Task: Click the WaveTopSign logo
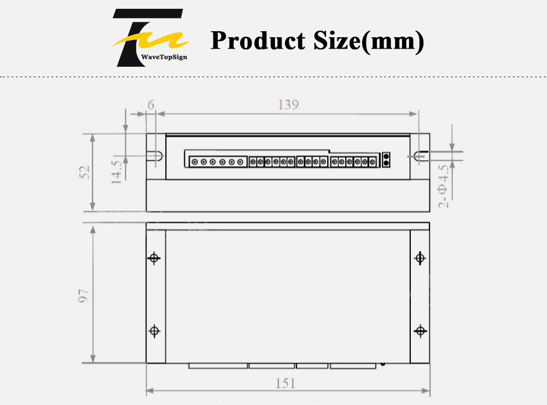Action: pyautogui.click(x=150, y=38)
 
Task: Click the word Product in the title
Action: pyautogui.click(x=258, y=40)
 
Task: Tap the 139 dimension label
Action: pyautogui.click(x=288, y=105)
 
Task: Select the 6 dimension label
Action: pyautogui.click(x=151, y=105)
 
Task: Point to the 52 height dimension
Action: pyautogui.click(x=84, y=172)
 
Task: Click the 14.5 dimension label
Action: pyautogui.click(x=117, y=172)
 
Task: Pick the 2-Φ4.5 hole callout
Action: pyautogui.click(x=443, y=187)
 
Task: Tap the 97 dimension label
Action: pyautogui.click(x=83, y=296)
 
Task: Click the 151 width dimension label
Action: pyautogui.click(x=286, y=383)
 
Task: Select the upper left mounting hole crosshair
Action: pyautogui.click(x=154, y=258)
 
